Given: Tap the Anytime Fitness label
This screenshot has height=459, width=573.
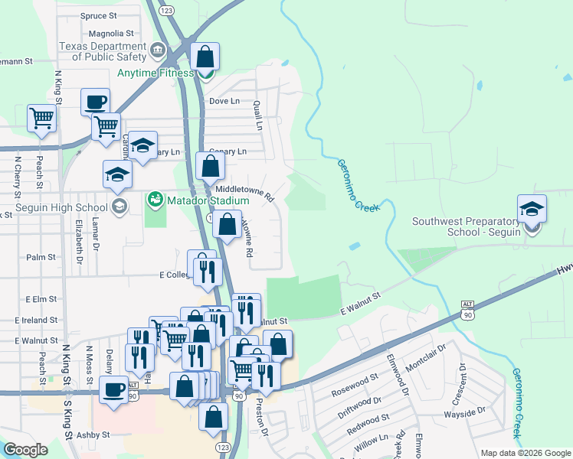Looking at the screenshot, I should [156, 73].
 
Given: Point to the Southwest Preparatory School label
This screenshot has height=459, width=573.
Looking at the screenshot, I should [467, 226].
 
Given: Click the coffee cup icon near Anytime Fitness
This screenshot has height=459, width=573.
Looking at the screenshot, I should [96, 102].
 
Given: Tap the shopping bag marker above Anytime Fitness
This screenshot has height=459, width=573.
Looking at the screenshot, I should [205, 57].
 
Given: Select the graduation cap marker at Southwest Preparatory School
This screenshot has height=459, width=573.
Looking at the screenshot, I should [532, 208].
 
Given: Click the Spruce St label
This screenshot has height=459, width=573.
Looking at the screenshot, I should [98, 15].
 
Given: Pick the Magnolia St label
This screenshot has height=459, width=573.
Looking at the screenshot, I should [111, 34].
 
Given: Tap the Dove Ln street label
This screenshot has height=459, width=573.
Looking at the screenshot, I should [224, 101].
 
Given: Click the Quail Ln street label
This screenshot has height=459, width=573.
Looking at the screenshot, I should [259, 115].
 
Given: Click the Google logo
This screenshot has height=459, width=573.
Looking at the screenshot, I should [25, 450].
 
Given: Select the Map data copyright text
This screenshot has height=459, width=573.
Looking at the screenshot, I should [525, 453].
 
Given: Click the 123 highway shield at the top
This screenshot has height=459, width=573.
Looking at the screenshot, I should [166, 11].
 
